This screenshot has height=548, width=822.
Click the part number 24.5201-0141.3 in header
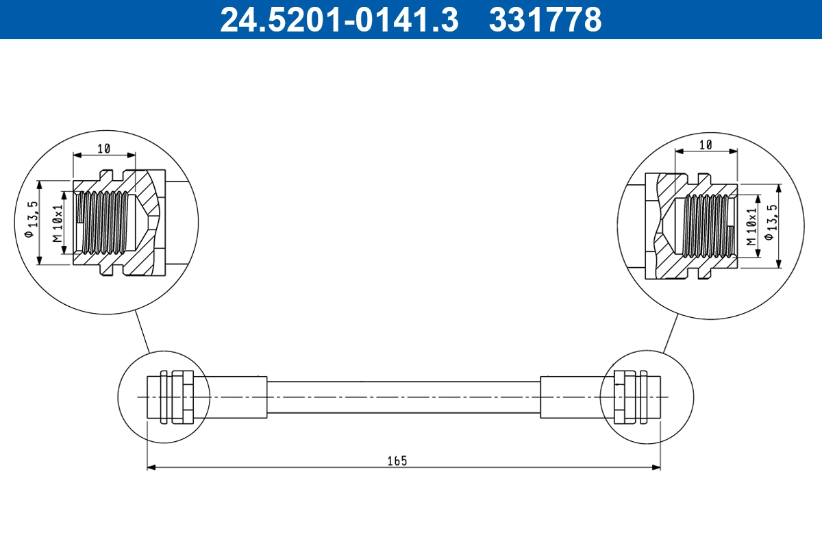338,20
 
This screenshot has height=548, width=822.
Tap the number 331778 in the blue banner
545,20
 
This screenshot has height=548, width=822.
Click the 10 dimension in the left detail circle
103,148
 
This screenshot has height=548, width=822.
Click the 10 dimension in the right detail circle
706,144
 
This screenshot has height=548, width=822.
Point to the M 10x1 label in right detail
751,227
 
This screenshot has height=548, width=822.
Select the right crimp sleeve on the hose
572,397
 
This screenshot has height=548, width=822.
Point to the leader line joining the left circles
142,332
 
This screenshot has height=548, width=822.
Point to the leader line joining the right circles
670,334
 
